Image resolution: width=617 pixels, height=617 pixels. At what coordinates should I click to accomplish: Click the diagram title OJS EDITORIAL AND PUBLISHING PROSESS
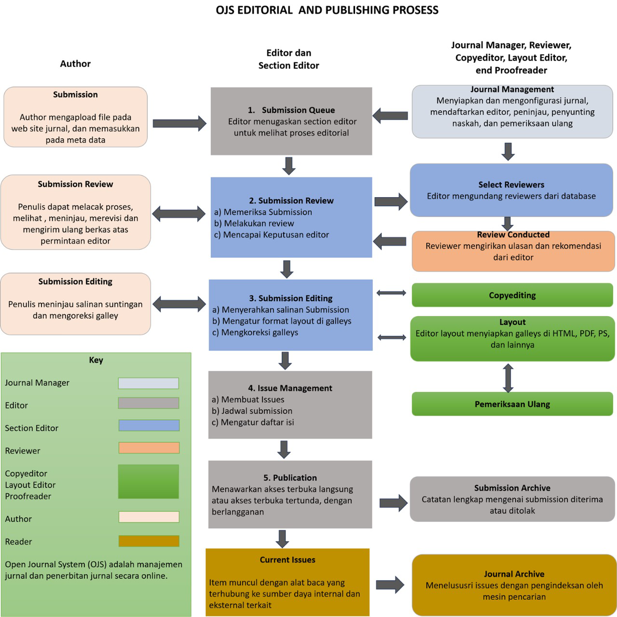(327, 10)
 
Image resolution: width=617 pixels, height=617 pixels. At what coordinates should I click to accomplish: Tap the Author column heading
(75, 64)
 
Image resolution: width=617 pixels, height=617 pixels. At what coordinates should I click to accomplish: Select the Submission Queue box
(291, 121)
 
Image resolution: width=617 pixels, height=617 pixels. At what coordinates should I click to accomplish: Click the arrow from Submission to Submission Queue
(179, 123)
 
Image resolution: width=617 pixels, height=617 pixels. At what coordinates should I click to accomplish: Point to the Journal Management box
(512, 112)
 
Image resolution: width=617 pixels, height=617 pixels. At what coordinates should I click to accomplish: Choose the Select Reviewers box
(511, 190)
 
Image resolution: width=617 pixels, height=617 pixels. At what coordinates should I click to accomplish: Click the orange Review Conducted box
(513, 251)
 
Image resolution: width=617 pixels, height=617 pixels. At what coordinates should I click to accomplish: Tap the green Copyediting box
(512, 295)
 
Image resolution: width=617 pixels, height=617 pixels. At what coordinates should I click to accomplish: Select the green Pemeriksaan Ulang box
(512, 404)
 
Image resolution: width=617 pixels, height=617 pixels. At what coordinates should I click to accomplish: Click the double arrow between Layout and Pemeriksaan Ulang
(508, 378)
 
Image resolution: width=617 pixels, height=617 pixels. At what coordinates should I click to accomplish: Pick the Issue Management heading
(290, 388)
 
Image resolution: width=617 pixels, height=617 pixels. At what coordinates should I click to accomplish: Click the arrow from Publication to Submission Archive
(393, 503)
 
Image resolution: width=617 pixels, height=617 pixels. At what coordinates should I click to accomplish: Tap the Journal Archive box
(514, 585)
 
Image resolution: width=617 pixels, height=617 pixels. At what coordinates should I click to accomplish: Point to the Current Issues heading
(288, 560)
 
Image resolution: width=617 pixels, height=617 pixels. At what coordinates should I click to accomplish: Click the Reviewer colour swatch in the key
(149, 448)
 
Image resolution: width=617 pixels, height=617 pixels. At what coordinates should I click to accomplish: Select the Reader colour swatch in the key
(149, 541)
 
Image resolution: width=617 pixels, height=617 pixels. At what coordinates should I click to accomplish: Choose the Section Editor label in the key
(32, 428)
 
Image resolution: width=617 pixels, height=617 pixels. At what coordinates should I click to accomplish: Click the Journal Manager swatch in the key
(149, 383)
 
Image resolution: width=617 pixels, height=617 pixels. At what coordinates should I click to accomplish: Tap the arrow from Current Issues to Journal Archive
(390, 585)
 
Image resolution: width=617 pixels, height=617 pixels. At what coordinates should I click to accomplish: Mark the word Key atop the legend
(96, 360)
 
